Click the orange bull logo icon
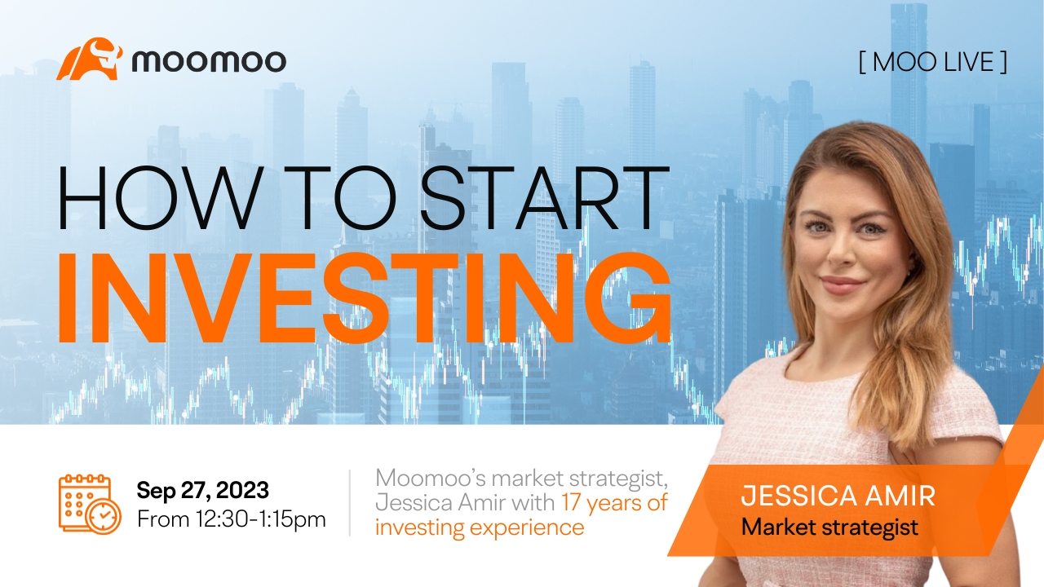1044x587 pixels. [x=90, y=60]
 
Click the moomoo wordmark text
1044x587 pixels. [x=210, y=61]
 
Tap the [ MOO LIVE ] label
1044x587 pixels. [x=933, y=62]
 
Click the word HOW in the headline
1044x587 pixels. [x=158, y=197]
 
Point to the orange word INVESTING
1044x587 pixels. [x=365, y=298]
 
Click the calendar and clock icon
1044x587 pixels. [x=90, y=504]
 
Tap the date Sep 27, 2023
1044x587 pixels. [x=203, y=490]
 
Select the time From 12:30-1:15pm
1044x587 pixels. [x=232, y=519]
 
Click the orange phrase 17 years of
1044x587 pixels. [x=614, y=503]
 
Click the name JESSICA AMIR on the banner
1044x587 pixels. [x=838, y=496]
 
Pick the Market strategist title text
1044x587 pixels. [x=829, y=527]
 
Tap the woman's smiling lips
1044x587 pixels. [x=843, y=285]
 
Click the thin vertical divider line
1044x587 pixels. [x=350, y=503]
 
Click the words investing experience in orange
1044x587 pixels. [x=480, y=527]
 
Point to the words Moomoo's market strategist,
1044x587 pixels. [x=522, y=478]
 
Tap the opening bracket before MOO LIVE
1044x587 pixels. [x=862, y=62]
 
